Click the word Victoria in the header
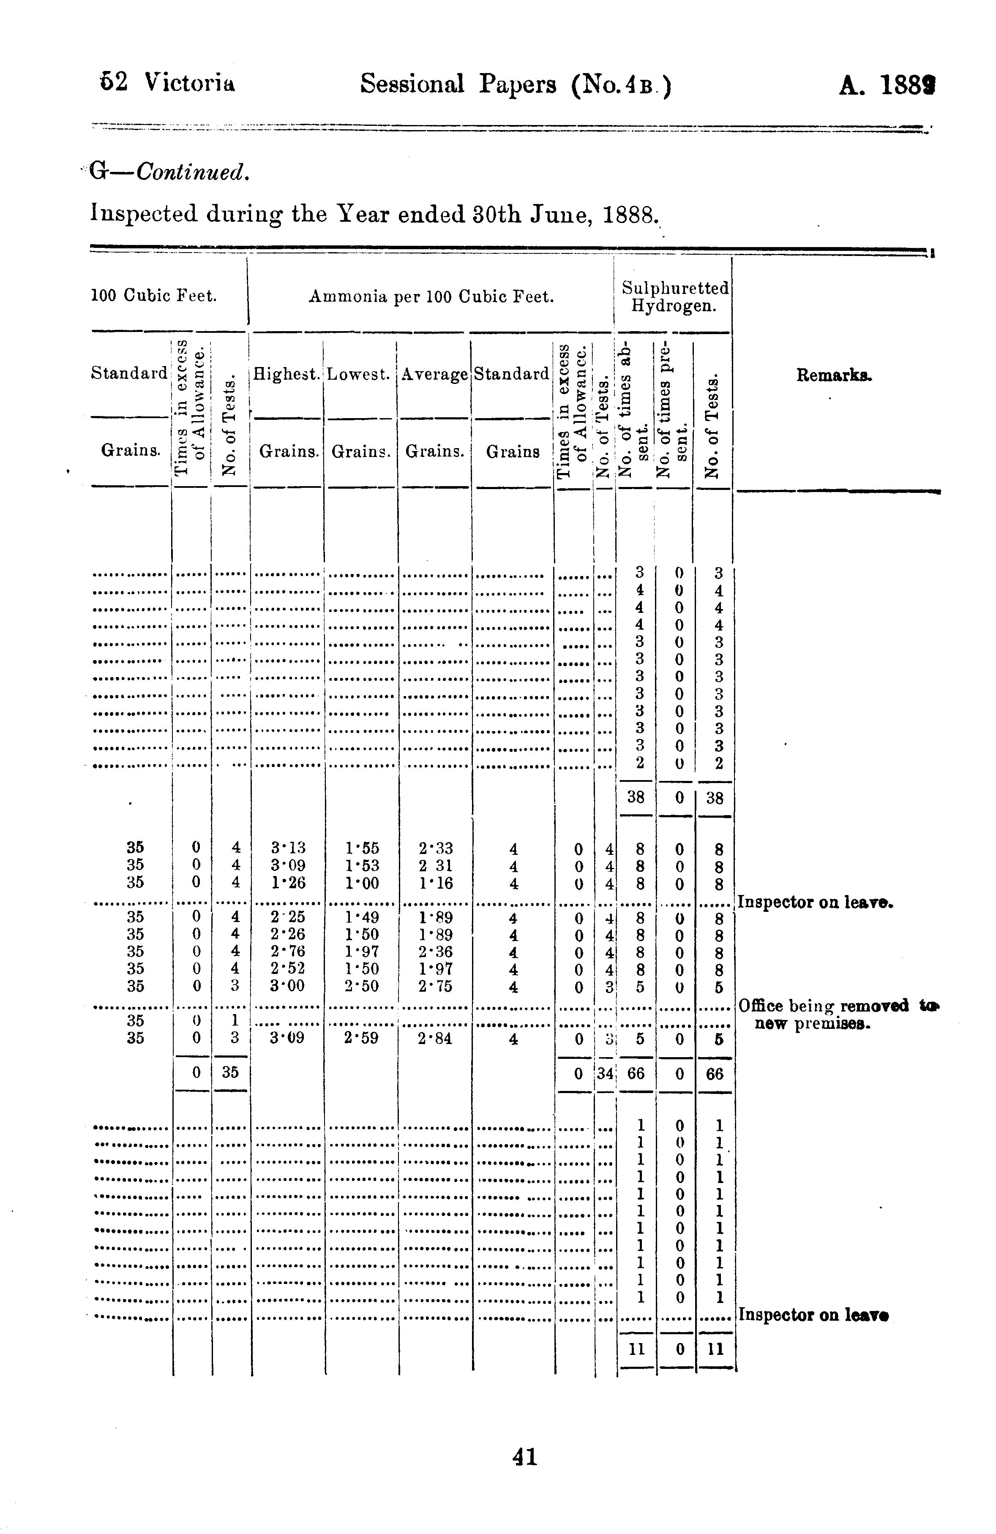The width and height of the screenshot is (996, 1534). (190, 83)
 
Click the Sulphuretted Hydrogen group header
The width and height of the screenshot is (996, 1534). (674, 296)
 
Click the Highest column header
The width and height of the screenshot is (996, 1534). (287, 374)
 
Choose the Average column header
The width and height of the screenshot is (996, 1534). (434, 374)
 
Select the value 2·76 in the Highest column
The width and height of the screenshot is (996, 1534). (288, 951)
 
